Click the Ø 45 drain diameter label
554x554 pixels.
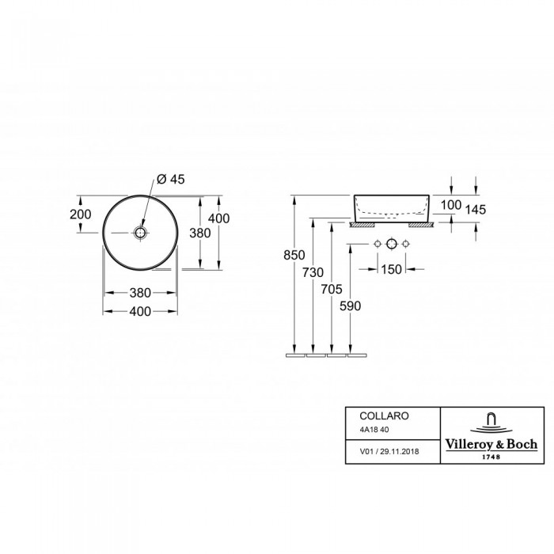coord(171,180)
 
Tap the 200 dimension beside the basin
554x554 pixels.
coord(80,214)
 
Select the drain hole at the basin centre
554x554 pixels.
coord(140,233)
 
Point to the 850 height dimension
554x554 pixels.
coord(294,255)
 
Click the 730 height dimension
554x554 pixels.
coord(313,272)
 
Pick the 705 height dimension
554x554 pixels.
coord(332,290)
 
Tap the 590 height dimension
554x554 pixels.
coord(350,306)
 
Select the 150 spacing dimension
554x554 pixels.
coord(392,270)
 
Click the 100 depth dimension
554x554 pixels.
coord(451,205)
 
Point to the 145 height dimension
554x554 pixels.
coord(476,210)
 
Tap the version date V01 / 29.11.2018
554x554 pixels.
coord(389,452)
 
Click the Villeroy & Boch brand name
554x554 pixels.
coord(491,445)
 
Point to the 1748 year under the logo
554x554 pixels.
coord(491,457)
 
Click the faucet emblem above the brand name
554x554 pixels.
coord(491,423)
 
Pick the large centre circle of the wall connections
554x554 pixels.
coord(392,244)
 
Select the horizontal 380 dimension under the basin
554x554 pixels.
coord(140,293)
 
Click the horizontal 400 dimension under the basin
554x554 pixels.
coord(140,311)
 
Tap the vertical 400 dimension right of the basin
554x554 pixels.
coord(218,218)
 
